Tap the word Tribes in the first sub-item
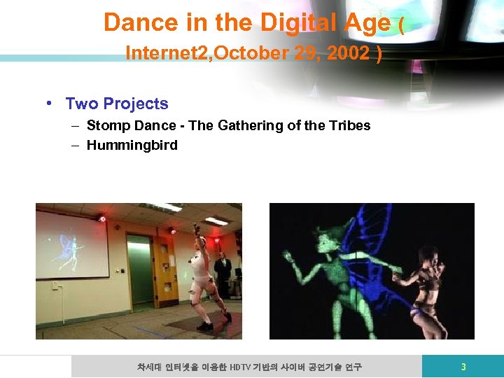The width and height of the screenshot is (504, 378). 350,126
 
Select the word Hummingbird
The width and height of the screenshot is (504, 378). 132,146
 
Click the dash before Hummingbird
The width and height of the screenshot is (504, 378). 73,146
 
